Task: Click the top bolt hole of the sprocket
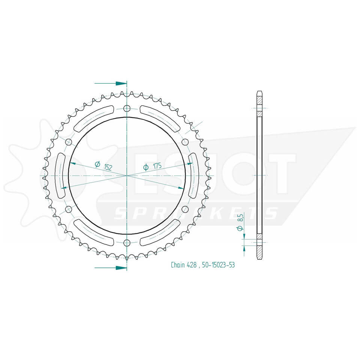point(127,109)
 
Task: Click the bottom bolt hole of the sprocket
point(127,242)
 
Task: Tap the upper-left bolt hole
point(69,142)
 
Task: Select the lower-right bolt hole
point(185,209)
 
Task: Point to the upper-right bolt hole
point(185,142)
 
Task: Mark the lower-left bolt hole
point(69,209)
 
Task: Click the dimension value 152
point(108,167)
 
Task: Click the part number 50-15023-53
point(218,265)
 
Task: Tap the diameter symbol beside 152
point(97,164)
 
